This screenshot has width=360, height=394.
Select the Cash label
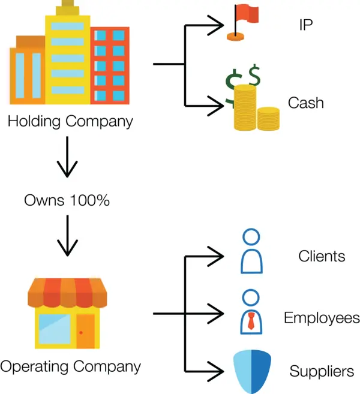point(305,103)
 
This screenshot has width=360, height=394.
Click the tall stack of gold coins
point(245,108)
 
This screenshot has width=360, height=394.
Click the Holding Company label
point(70,121)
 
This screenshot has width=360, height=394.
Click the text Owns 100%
point(67,200)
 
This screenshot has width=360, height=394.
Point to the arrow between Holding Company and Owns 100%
point(67,158)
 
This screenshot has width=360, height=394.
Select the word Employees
point(322,318)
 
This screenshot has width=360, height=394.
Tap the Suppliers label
point(322,371)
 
